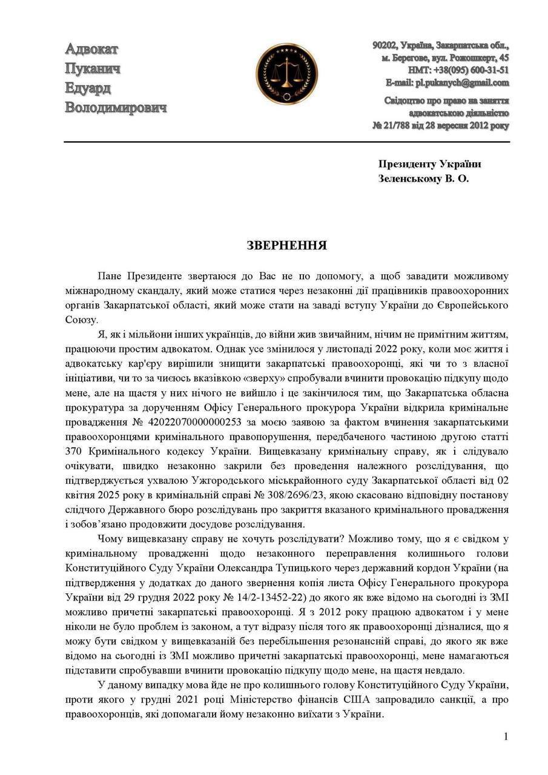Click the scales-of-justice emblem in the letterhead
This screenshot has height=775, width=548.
tap(286, 74)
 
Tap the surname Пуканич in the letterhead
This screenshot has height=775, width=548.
tap(92, 68)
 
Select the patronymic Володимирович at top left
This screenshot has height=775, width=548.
tap(115, 108)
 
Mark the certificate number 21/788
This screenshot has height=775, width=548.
tap(398, 125)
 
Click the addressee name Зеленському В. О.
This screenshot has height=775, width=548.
tap(423, 179)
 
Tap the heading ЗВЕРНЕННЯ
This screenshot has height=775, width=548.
tap(286, 245)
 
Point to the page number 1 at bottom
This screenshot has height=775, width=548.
tap(506, 736)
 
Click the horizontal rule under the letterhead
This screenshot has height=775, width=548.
tap(286, 142)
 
